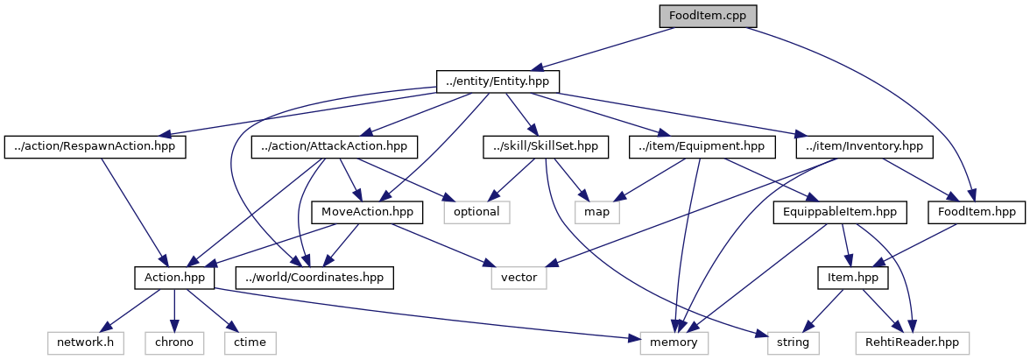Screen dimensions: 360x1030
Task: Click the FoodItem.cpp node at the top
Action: (x=708, y=16)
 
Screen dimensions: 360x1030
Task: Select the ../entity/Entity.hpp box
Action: (x=497, y=81)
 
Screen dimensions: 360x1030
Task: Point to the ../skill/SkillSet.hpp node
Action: (x=546, y=146)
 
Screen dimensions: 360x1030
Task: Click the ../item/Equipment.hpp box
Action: (x=702, y=146)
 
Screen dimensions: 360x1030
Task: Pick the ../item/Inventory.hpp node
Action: (x=863, y=146)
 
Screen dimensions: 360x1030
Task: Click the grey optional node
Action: (x=476, y=212)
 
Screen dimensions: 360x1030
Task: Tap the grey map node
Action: (x=597, y=212)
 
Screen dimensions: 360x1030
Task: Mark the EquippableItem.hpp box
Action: (x=839, y=212)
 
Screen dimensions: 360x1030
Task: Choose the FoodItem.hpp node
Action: (x=975, y=212)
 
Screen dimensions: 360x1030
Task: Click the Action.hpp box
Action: (x=175, y=278)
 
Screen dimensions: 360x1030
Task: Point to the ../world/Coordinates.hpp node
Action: (x=315, y=278)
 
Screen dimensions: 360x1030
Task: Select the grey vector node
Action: (x=519, y=278)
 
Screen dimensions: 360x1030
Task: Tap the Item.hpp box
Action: (x=852, y=278)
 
